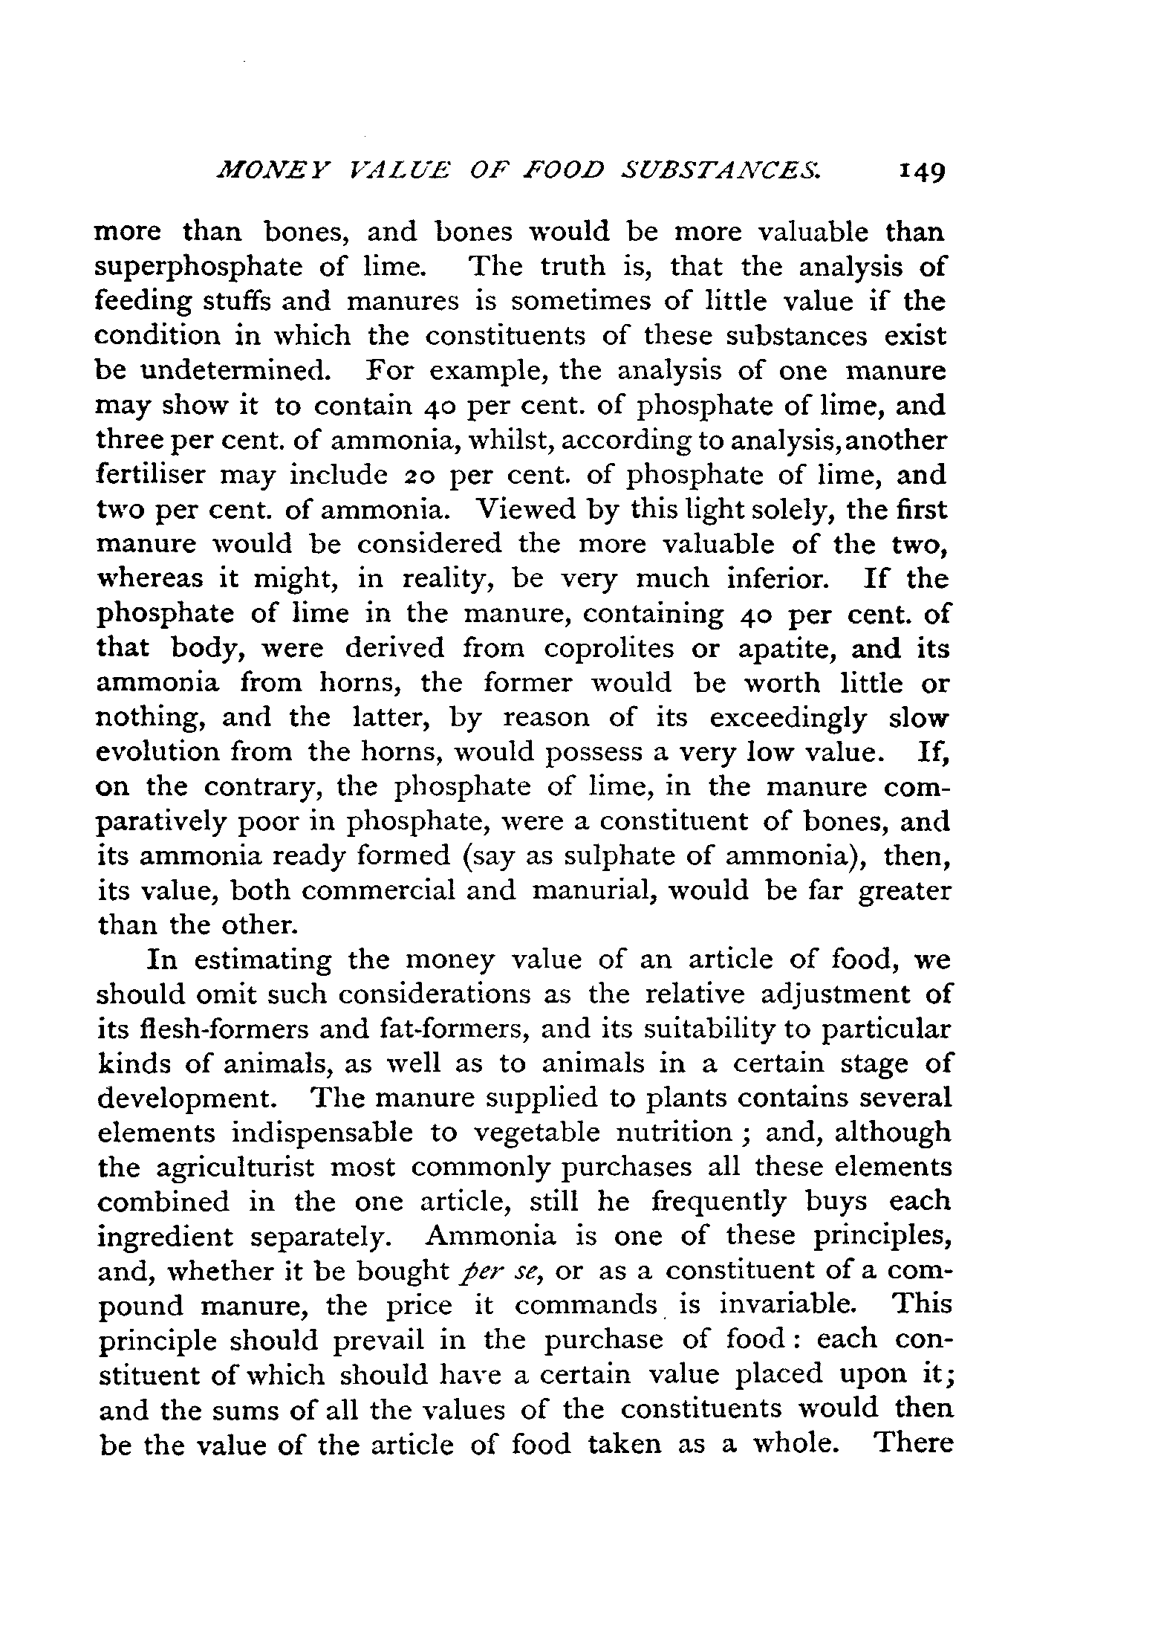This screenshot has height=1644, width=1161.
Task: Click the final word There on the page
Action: (x=914, y=1443)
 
